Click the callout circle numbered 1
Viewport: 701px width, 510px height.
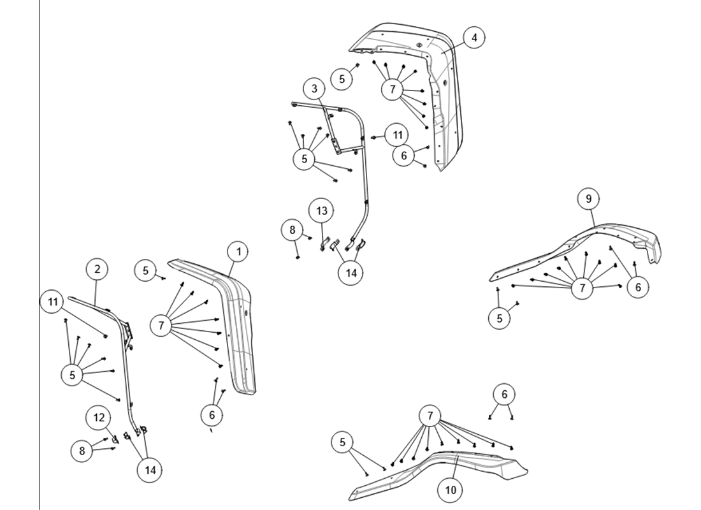pos(238,252)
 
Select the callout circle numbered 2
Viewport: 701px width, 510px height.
pos(97,269)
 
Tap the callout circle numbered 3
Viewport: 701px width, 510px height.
pos(314,89)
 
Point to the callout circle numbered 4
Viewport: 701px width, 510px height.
pos(473,38)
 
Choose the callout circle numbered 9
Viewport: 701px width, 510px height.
pos(588,199)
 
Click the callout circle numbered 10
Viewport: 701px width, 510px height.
pos(451,490)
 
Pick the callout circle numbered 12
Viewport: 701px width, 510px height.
pos(98,418)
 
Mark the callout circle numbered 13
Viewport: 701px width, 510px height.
pos(322,210)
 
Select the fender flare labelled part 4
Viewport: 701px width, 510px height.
pos(446,108)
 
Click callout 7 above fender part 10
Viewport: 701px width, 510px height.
pos(430,417)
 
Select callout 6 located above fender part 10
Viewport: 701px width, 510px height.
pos(504,395)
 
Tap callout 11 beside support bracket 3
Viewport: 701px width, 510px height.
pos(397,135)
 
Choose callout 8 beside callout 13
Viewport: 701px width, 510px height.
pos(293,229)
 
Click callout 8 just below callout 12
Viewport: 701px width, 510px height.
pos(82,450)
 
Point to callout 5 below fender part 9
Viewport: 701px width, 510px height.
pos(500,317)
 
